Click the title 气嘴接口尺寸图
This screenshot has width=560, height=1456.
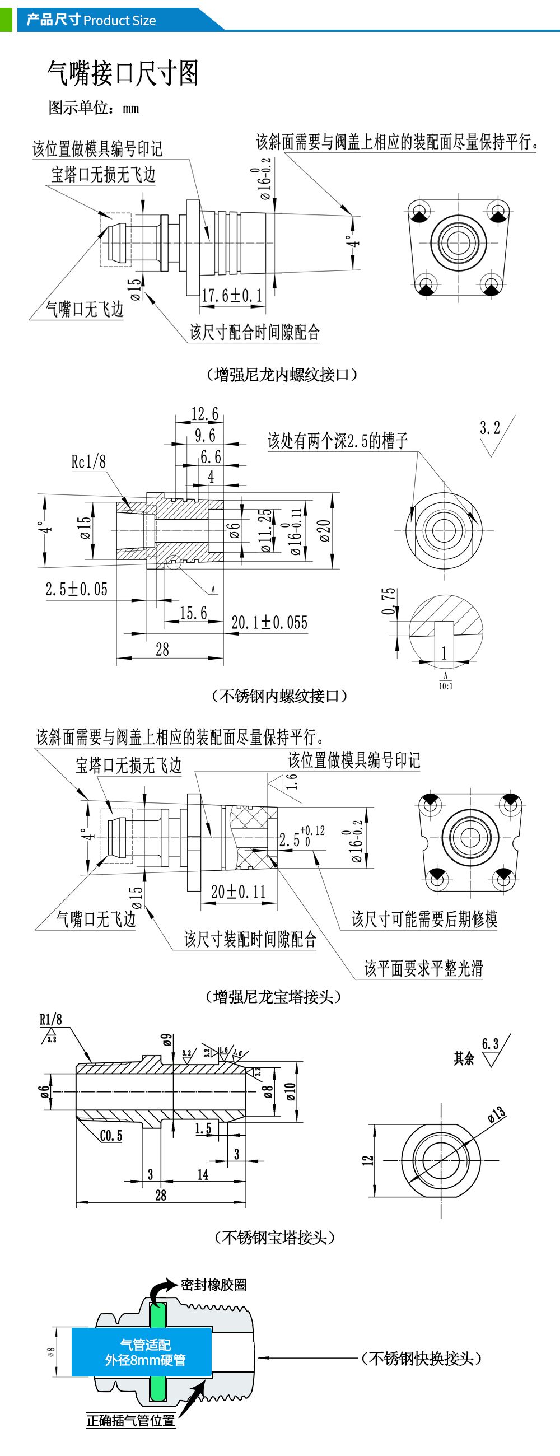(123, 73)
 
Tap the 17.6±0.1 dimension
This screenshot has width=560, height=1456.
(232, 295)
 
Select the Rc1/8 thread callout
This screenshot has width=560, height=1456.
(88, 462)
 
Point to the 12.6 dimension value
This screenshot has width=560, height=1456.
(204, 414)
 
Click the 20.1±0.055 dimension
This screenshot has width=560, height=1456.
(269, 622)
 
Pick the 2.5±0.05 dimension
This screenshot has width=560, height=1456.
(76, 589)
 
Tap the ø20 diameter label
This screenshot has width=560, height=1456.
(324, 530)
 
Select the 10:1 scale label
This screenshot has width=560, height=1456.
(445, 686)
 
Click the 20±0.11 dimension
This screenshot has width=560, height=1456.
(238, 892)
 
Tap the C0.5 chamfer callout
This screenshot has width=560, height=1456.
(111, 1136)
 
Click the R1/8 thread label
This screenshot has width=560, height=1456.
(50, 1019)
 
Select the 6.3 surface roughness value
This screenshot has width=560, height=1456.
(490, 1043)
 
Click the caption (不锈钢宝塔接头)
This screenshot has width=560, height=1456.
(274, 1237)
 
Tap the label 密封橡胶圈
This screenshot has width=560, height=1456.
(213, 1285)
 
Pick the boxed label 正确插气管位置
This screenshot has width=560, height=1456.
(130, 1420)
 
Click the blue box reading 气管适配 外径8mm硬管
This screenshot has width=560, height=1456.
(142, 1352)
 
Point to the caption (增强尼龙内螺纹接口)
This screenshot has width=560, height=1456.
(282, 374)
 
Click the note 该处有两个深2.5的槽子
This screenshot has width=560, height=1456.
(337, 440)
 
